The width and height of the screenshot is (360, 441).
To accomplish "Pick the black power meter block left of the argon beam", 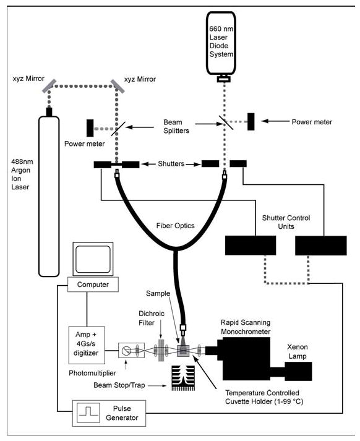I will point(90,127).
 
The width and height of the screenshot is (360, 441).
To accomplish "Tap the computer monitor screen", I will point(93,257).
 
